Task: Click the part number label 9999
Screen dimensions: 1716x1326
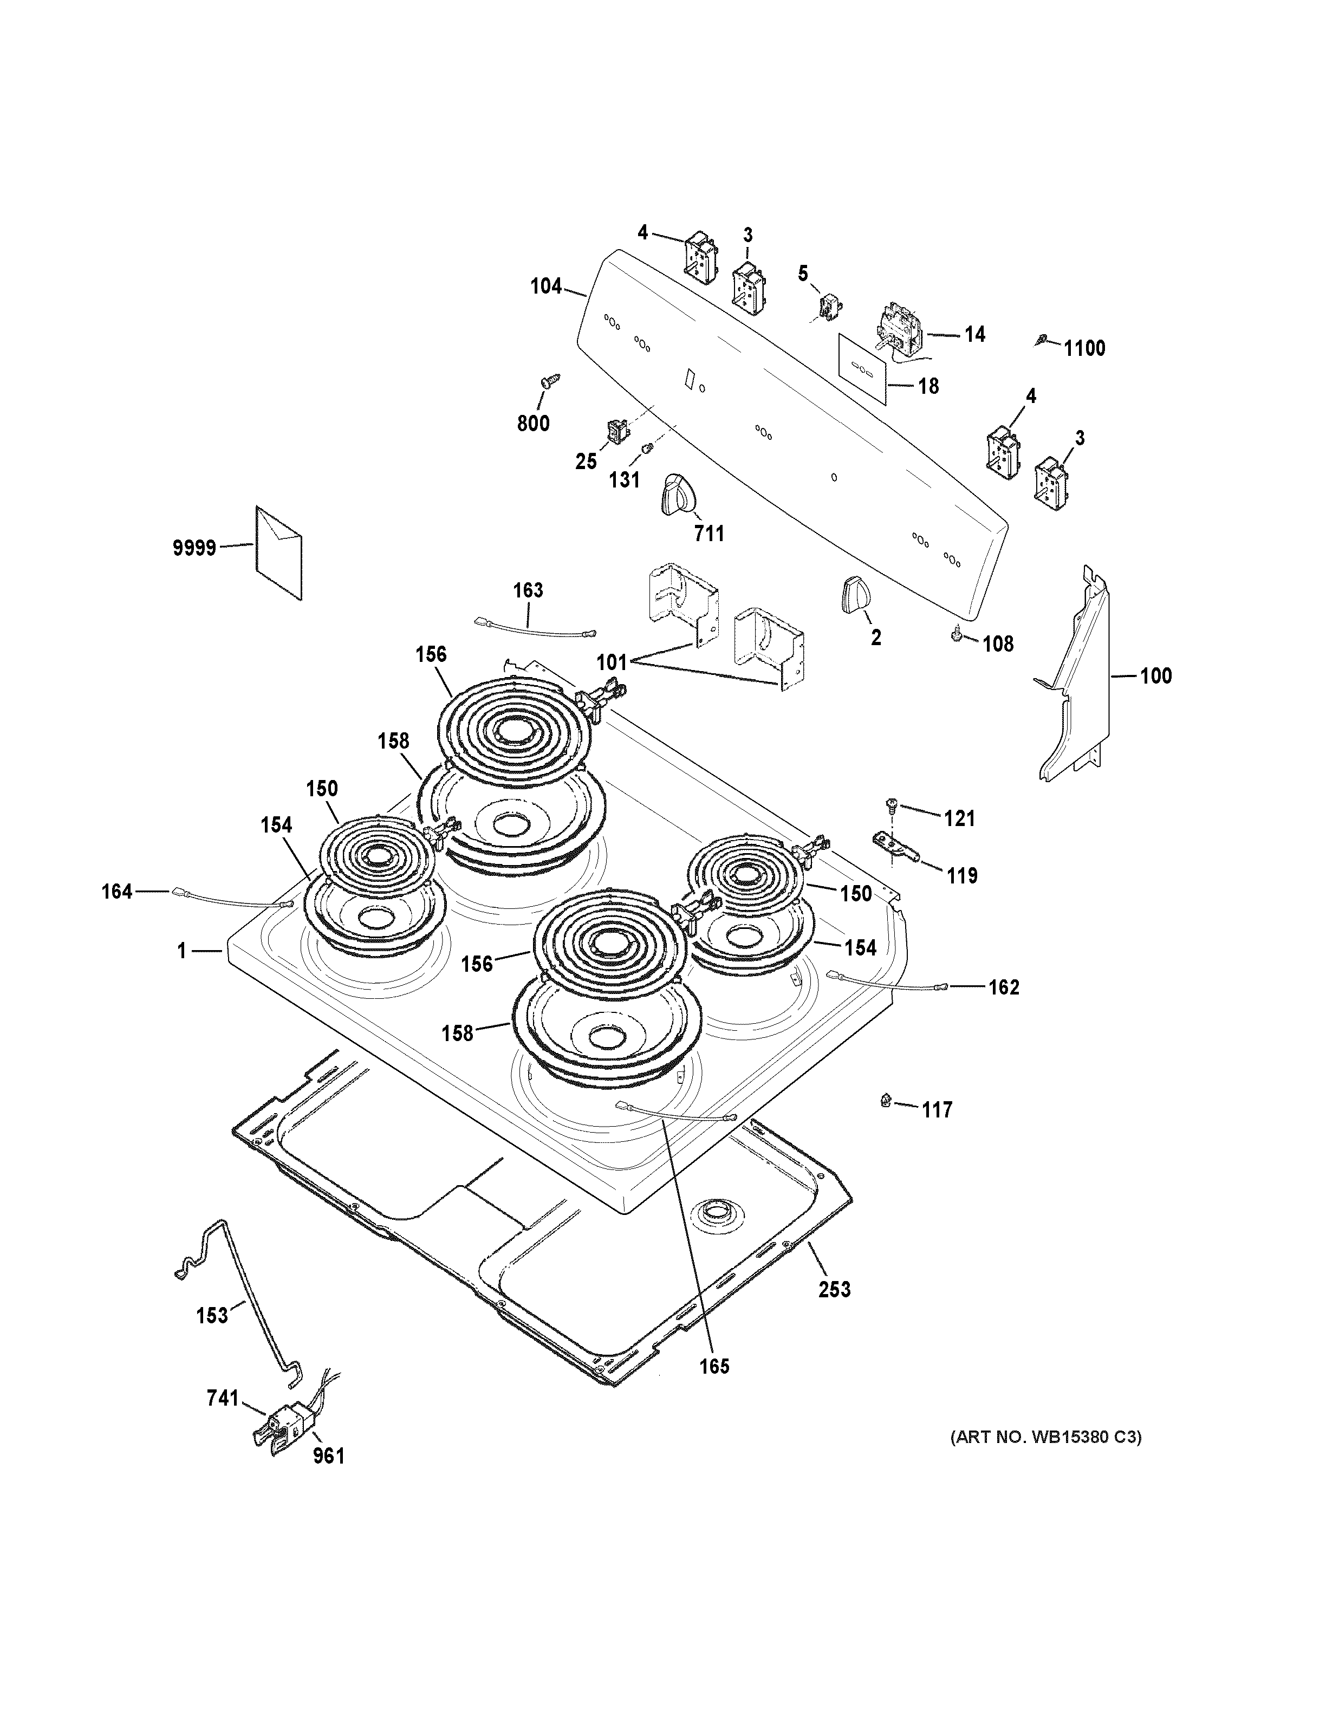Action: pyautogui.click(x=194, y=548)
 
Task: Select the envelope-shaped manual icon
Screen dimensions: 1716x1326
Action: pyautogui.click(x=278, y=552)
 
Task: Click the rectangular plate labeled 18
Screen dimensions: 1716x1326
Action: pyautogui.click(x=862, y=368)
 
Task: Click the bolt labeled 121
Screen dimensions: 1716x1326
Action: pyautogui.click(x=891, y=804)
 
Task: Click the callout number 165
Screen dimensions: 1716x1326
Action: pyautogui.click(x=714, y=1388)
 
